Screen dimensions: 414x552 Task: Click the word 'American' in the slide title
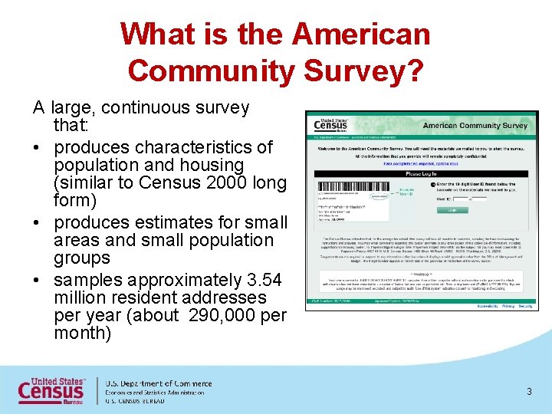point(361,34)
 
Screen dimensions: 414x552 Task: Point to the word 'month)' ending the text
point(83,333)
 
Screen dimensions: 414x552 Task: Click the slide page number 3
point(529,392)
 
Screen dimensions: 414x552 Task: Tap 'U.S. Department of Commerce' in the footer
point(158,383)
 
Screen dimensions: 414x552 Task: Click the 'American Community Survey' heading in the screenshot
point(475,126)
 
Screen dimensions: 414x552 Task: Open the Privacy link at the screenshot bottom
point(505,305)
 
